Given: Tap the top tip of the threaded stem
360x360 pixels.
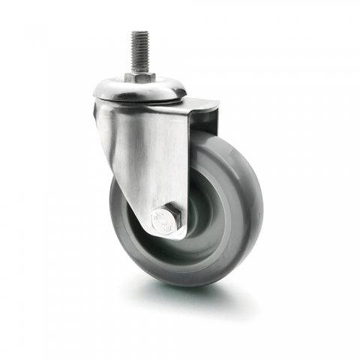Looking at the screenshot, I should tap(140, 33).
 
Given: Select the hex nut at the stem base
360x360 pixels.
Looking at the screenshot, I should tap(140, 77).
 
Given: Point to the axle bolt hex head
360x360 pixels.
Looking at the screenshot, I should tap(167, 220).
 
